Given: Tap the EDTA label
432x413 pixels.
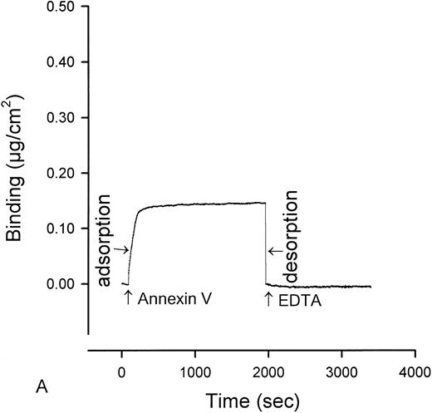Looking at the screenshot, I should click(302, 300).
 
